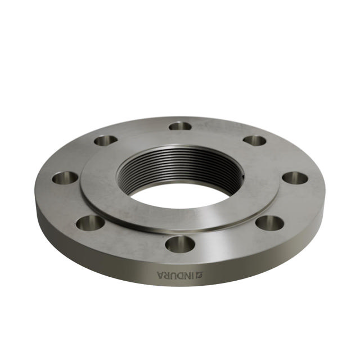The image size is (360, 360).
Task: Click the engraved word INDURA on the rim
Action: click(180, 275)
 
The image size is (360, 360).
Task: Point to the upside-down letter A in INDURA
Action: click(161, 274)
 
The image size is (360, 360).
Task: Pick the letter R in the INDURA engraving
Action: click(168, 275)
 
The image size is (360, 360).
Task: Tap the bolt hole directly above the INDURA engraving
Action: click(180, 244)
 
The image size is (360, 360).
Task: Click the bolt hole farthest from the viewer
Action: click(180, 125)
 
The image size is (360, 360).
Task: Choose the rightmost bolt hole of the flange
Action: click(295, 178)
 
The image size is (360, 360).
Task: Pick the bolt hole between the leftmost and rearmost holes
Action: click(105, 140)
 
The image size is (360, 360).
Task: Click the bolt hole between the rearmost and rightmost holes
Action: click(254, 140)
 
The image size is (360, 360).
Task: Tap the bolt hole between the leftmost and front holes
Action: click(90, 222)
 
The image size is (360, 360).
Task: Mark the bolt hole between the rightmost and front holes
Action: click(269, 222)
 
